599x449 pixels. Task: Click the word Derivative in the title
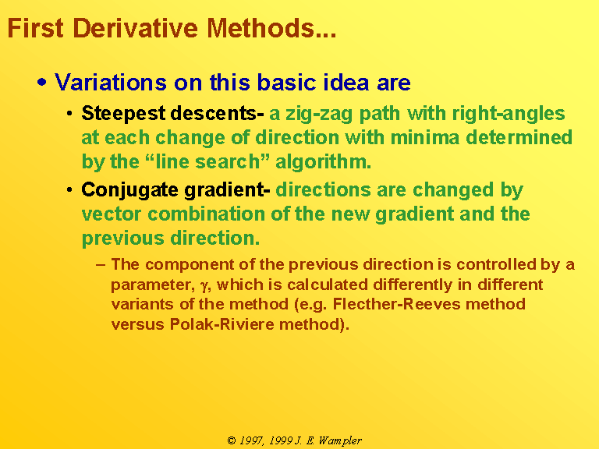pos(135,28)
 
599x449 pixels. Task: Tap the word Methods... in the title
pos(271,28)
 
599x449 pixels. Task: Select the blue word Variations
pos(111,82)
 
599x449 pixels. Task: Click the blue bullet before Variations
pos(42,83)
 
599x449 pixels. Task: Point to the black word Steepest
pos(123,114)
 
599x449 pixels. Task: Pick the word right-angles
pos(509,114)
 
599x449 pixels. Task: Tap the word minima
pos(425,137)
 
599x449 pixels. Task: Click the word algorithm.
pos(323,162)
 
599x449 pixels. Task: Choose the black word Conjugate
pos(130,190)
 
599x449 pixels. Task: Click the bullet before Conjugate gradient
pos(69,189)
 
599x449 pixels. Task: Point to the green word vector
pos(112,214)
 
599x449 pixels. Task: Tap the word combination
pos(206,214)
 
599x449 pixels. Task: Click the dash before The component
pos(101,264)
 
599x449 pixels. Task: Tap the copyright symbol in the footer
pos(232,440)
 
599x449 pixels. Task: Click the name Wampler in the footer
pos(340,441)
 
